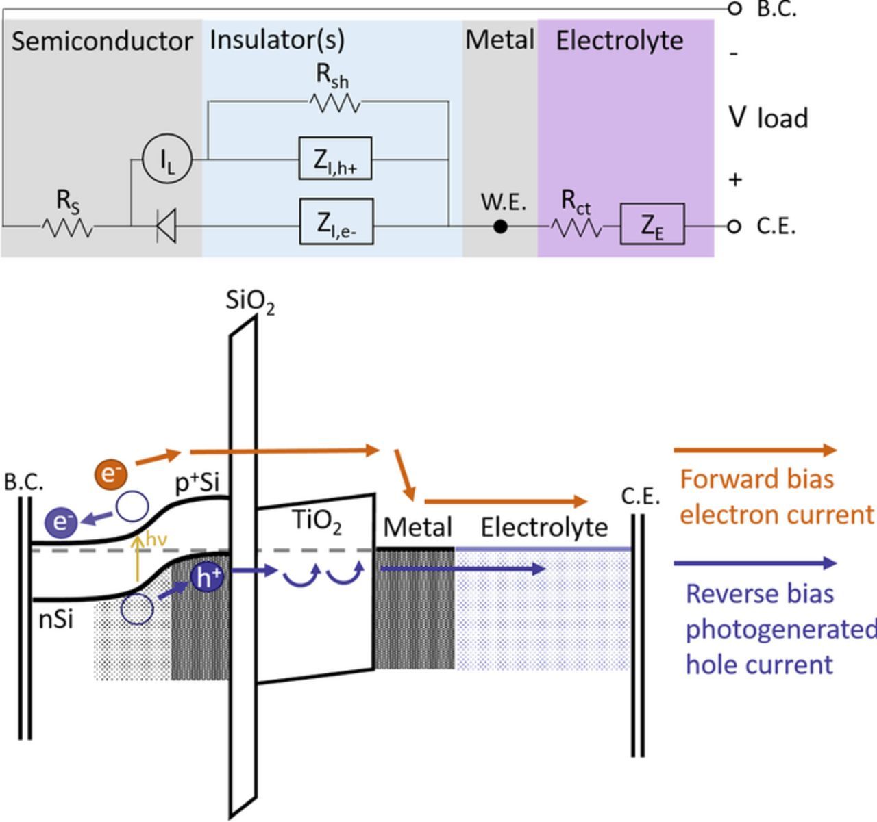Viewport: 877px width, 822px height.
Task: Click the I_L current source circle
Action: click(x=167, y=159)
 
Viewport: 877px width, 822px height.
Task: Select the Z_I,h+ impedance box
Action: click(x=335, y=159)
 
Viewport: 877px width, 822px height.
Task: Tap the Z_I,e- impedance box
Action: click(x=336, y=222)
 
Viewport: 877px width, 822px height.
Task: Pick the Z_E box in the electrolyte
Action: click(x=652, y=224)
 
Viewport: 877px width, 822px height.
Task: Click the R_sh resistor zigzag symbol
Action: click(x=334, y=103)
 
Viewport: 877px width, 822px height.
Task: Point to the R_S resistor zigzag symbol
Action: click(x=67, y=227)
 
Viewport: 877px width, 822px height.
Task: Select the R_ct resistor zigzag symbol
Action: click(x=576, y=227)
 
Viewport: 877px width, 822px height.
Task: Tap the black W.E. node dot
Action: click(x=501, y=226)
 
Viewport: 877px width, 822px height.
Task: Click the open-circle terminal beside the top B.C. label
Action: click(x=734, y=8)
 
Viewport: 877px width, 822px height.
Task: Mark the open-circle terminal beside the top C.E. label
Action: click(x=734, y=226)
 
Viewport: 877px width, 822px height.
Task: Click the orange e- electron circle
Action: click(x=111, y=474)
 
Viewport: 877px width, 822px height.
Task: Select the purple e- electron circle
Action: click(x=61, y=522)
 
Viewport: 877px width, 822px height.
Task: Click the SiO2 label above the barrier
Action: click(x=250, y=301)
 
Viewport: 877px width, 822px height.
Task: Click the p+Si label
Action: click(x=197, y=483)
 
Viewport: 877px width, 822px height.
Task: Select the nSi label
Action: click(x=55, y=619)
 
